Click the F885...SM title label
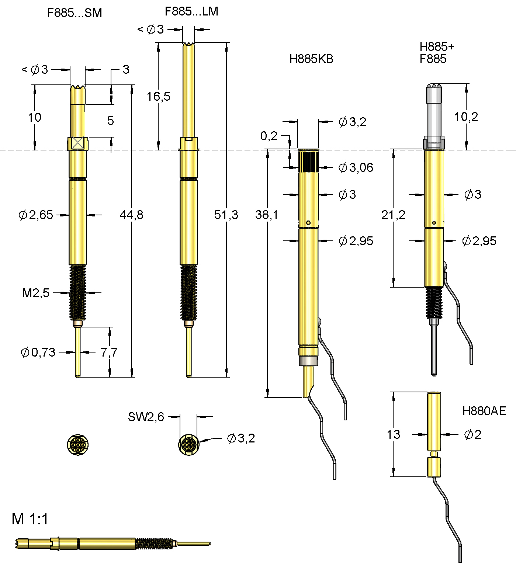[x=74, y=13]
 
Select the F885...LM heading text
[x=191, y=11]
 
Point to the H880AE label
[x=484, y=411]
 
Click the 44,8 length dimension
[x=131, y=215]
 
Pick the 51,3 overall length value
[x=226, y=215]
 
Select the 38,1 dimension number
[x=266, y=215]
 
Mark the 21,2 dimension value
[x=393, y=215]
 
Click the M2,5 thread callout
[x=35, y=293]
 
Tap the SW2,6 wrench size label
[x=146, y=417]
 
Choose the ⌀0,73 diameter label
[x=38, y=353]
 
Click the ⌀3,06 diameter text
[x=356, y=168]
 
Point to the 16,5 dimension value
[x=158, y=97]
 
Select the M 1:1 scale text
[x=30, y=519]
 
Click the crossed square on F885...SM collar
[x=77, y=143]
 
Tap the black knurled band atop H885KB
[x=308, y=162]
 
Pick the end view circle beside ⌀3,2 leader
[x=188, y=444]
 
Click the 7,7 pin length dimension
[x=109, y=353]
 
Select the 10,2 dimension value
[x=466, y=117]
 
